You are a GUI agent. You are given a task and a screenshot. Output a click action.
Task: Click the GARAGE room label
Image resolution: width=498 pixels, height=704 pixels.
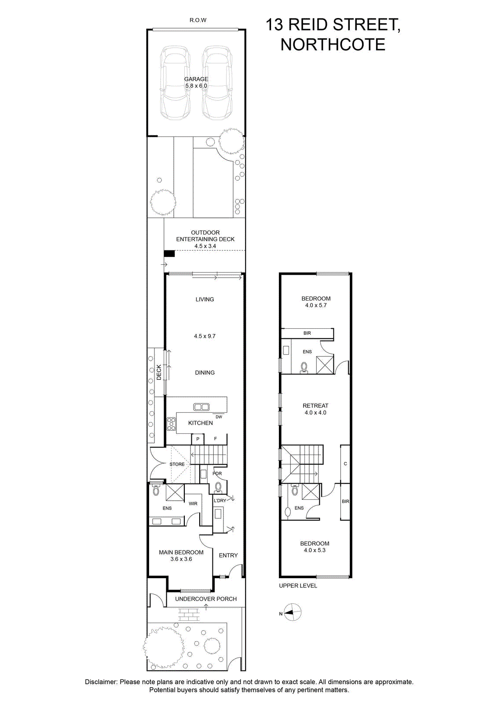[196, 79]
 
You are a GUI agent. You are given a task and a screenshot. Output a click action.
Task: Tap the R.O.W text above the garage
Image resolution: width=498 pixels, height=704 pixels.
[198, 20]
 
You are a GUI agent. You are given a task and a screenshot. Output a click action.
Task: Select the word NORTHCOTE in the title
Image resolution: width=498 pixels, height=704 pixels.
[333, 44]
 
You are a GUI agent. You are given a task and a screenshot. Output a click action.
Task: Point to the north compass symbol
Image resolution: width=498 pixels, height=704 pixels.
[293, 612]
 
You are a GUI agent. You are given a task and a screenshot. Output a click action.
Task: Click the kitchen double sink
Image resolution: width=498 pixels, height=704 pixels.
[201, 407]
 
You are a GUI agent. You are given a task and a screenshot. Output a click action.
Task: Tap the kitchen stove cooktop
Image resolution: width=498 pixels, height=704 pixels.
[171, 424]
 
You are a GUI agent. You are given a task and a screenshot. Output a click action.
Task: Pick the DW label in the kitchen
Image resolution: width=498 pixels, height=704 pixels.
[219, 417]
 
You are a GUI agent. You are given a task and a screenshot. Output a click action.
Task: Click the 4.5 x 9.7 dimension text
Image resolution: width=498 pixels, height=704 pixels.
[205, 336]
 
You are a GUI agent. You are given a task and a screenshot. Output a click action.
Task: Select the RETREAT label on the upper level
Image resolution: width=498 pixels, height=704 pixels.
[315, 406]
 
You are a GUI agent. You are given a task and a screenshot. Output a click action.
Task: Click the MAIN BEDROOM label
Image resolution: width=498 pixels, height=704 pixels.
[181, 552]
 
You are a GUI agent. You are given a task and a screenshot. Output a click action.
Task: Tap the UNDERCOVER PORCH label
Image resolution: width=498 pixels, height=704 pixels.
[206, 599]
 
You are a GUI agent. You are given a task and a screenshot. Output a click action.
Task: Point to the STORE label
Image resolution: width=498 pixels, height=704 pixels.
[177, 464]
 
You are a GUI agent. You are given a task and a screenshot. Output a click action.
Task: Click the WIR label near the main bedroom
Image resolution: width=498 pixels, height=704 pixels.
[193, 503]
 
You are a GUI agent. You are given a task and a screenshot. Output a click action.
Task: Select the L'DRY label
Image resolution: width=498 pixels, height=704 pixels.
[220, 500]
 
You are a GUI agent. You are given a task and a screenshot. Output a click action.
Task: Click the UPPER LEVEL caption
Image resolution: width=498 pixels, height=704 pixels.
[298, 586]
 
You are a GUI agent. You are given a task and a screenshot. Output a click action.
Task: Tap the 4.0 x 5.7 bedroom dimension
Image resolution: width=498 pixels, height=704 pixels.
[316, 305]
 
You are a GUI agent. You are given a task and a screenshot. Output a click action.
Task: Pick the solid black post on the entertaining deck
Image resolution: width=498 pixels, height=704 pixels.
[169, 253]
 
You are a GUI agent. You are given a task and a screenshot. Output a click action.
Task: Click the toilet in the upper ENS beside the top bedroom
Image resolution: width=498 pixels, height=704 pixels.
[304, 367]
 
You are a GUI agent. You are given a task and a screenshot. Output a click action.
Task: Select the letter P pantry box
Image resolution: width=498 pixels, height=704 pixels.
[198, 439]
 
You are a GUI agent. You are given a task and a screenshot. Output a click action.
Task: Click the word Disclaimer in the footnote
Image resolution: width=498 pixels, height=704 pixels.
[101, 682]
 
